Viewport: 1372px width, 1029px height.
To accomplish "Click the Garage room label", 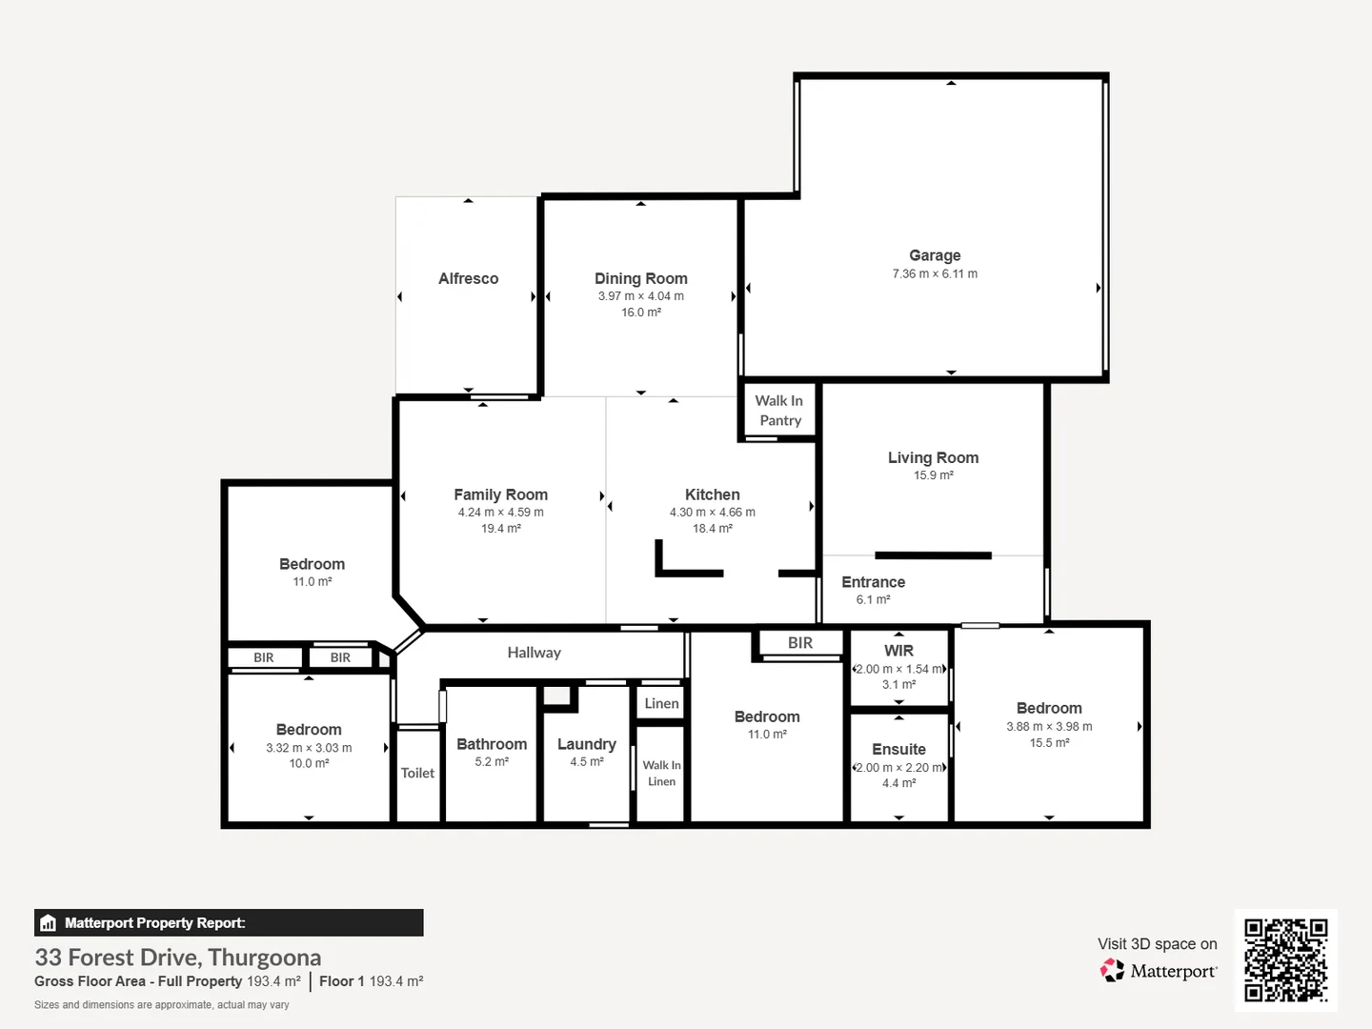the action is tap(935, 255).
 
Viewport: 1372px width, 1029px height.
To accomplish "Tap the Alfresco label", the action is tap(468, 278).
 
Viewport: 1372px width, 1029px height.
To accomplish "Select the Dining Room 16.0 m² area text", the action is tap(640, 313).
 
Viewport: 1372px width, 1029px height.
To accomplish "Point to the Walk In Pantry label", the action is tap(778, 411).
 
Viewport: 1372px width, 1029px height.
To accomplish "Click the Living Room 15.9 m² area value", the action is tap(933, 475).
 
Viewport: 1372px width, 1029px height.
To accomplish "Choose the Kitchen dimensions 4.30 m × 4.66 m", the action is tap(712, 513).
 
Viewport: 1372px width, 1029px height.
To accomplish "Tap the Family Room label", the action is tap(500, 494).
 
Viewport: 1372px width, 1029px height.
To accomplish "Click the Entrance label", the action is tap(873, 582).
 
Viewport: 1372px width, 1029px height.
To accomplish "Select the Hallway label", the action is tap(534, 653).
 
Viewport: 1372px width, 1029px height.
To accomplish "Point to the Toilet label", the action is tap(417, 774).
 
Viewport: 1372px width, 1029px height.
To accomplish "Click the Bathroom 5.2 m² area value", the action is tap(492, 762).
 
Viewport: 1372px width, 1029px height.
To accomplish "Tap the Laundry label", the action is tap(586, 744).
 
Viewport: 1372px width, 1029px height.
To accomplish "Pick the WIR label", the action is tap(898, 651).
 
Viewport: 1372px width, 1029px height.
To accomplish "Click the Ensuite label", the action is tap(898, 749).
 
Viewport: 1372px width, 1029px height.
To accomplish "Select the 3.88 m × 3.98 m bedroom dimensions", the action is tap(1049, 727).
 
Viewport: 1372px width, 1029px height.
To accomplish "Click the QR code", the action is tap(1285, 960).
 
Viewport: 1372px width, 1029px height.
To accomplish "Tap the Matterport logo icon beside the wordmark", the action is tap(1112, 970).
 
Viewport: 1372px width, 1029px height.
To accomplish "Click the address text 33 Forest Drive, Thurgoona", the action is tap(178, 958).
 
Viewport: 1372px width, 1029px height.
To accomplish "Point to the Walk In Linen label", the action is tap(661, 774).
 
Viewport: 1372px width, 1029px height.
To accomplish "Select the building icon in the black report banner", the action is tap(49, 923).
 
